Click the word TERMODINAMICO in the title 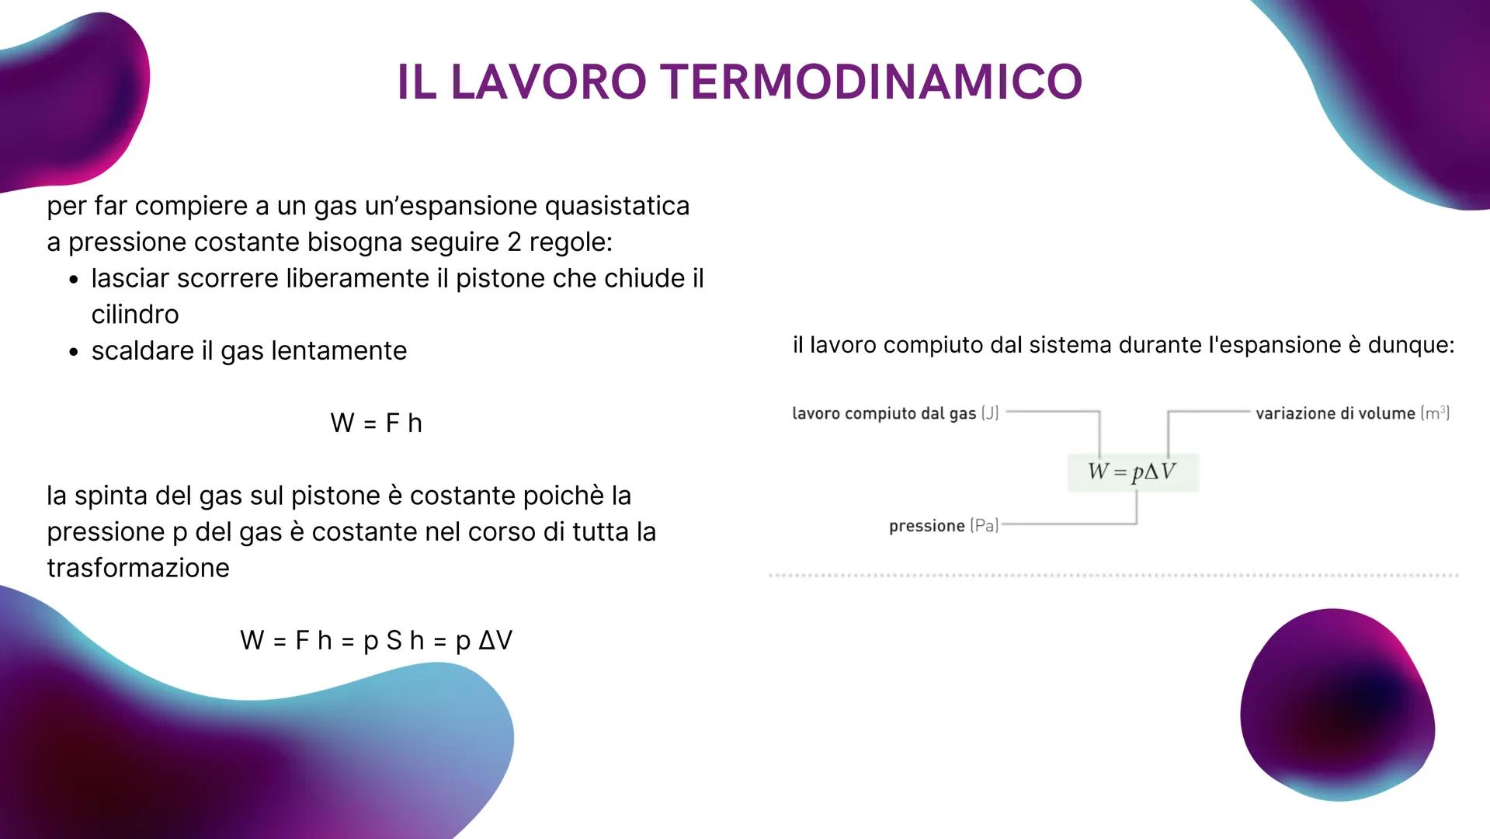pyautogui.click(x=874, y=82)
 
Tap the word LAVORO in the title pyautogui.click(x=548, y=82)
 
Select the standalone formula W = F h pyautogui.click(x=376, y=423)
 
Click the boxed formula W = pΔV pyautogui.click(x=1132, y=472)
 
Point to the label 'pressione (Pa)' pyautogui.click(x=943, y=526)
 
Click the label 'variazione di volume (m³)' pyautogui.click(x=1352, y=413)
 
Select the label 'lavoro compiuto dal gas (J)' pyautogui.click(x=894, y=413)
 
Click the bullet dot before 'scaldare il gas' pyautogui.click(x=74, y=352)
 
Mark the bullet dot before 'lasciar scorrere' pyautogui.click(x=74, y=280)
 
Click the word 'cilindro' pyautogui.click(x=135, y=315)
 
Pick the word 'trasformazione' pyautogui.click(x=138, y=568)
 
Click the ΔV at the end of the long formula pyautogui.click(x=495, y=641)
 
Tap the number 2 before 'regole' pyautogui.click(x=514, y=242)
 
